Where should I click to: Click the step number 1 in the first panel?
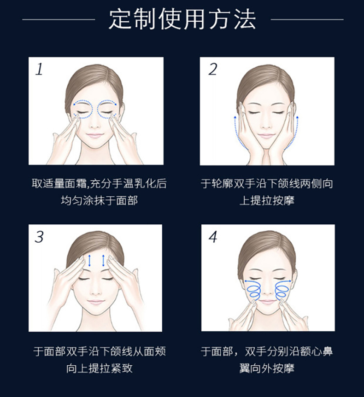pos(39,69)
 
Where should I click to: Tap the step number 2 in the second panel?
pos(213,69)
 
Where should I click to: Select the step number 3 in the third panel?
pos(39,237)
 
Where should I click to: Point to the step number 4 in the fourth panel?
pos(213,237)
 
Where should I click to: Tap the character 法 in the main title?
pos(245,19)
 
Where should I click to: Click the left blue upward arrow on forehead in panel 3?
pos(89,261)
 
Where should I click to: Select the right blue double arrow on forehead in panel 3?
pos(103,261)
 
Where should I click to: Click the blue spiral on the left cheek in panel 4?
pos(253,289)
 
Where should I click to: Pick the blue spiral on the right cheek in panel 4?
pos(282,289)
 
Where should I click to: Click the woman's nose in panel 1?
pos(94,123)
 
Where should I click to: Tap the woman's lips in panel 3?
pos(95,302)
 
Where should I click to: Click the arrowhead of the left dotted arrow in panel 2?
pos(235,117)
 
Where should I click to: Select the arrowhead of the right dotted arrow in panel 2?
pos(297,117)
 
